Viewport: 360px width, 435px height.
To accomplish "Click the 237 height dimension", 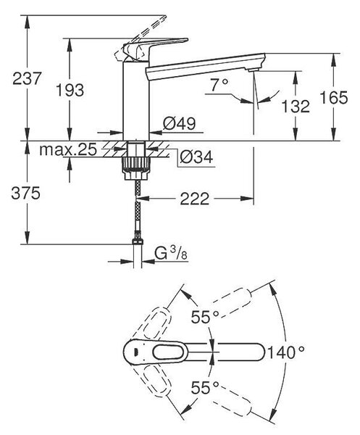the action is tap(27, 78).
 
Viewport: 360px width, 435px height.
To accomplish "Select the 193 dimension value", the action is tap(70, 90).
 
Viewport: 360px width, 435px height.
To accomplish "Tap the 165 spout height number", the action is tap(334, 97).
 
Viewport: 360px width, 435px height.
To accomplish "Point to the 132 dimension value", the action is tap(296, 107).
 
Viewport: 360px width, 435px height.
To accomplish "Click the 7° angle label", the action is tap(219, 85).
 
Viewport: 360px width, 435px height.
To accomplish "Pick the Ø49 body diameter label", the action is tap(180, 123).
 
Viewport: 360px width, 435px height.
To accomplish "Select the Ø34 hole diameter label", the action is tap(196, 157).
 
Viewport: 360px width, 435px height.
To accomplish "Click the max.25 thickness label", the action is tap(68, 150).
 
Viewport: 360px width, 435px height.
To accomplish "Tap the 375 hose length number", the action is tap(26, 193).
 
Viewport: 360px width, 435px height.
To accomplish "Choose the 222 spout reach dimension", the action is tap(195, 199).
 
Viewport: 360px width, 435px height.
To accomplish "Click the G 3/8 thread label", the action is tap(171, 254).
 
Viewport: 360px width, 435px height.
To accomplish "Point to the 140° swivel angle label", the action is tap(285, 353).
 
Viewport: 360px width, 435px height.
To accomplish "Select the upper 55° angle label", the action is tap(205, 317).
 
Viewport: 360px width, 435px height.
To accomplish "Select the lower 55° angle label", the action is tap(205, 388).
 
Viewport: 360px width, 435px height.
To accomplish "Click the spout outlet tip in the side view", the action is tap(254, 70).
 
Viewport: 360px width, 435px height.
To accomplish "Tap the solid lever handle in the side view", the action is tap(154, 48).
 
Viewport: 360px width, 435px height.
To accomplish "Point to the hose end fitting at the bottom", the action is tap(138, 241).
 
